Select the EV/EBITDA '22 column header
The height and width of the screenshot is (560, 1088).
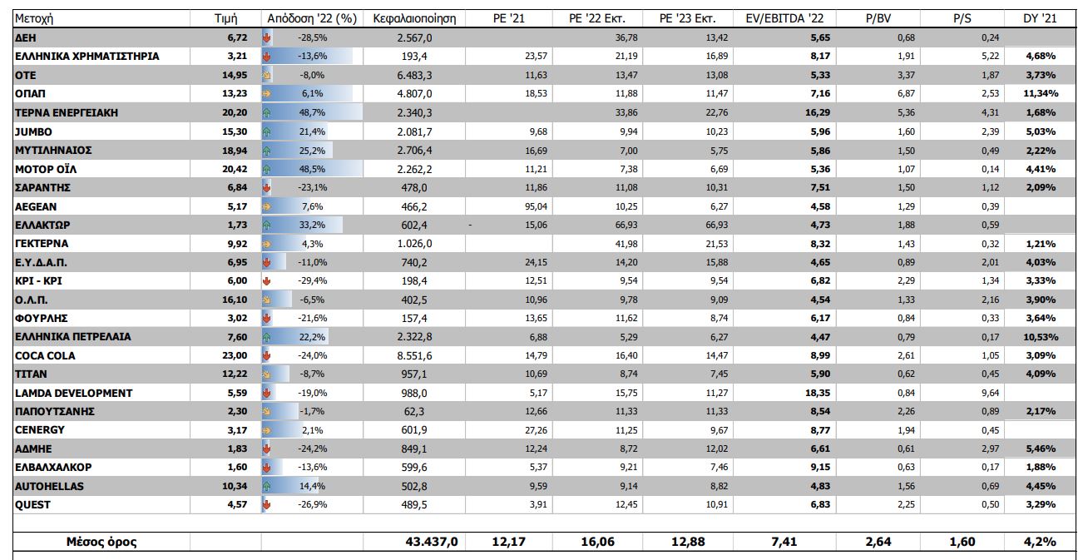(x=784, y=17)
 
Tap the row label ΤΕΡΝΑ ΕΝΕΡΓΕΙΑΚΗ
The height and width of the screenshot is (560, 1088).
(x=66, y=112)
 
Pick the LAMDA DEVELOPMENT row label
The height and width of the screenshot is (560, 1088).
(x=74, y=393)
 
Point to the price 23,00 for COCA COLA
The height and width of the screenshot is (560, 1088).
(x=234, y=355)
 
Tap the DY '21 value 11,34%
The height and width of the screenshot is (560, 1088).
(x=1041, y=94)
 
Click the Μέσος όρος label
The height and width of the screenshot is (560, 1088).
(x=101, y=542)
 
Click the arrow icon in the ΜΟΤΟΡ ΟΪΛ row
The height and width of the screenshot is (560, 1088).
(x=268, y=169)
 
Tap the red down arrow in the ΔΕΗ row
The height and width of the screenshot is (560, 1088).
(x=268, y=37)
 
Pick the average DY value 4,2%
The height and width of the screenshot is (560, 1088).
(x=1041, y=542)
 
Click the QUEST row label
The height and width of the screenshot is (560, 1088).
(x=33, y=504)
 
